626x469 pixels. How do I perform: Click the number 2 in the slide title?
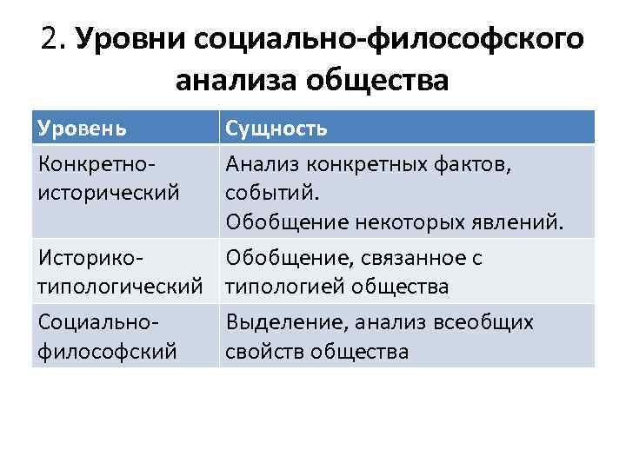click(x=50, y=39)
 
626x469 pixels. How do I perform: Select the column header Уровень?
click(x=83, y=129)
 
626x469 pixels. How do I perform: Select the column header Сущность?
click(x=276, y=129)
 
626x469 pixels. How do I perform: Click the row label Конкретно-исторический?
click(x=109, y=177)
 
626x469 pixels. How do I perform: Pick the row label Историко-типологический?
click(x=120, y=272)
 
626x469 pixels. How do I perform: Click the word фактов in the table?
click(x=480, y=162)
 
